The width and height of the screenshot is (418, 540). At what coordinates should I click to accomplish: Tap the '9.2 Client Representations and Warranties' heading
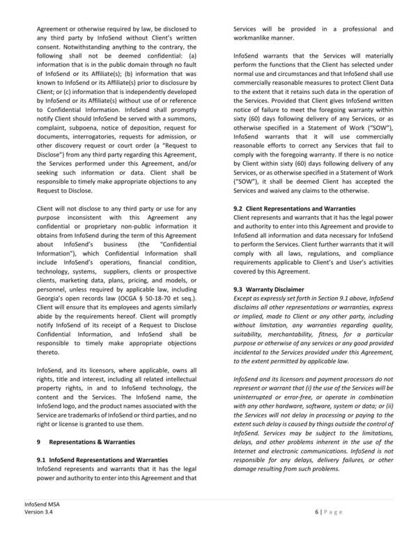pyautogui.click(x=293, y=208)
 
